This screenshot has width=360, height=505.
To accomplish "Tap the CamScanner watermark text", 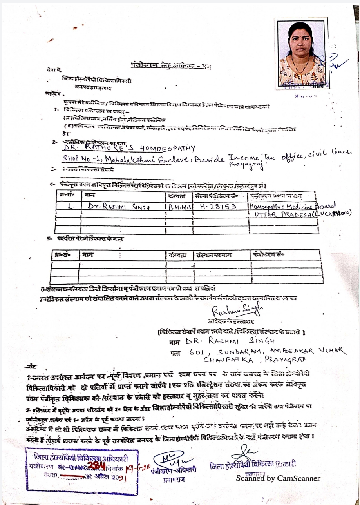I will click(x=278, y=478).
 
